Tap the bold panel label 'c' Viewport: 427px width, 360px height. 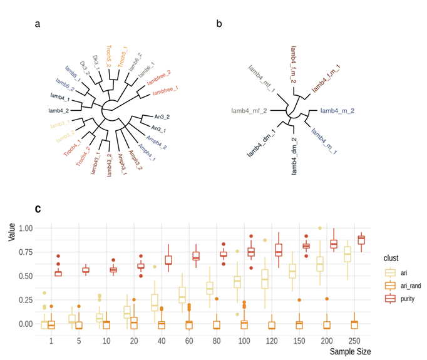pyautogui.click(x=38, y=208)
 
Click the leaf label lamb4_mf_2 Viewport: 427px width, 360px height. pyautogui.click(x=250, y=111)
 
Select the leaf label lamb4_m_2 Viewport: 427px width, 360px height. pyautogui.click(x=337, y=110)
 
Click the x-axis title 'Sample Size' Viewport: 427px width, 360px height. pyautogui.click(x=350, y=352)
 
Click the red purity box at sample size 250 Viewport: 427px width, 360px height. pyautogui.click(x=361, y=240)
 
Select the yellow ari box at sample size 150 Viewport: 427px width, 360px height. pyautogui.click(x=292, y=270)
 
